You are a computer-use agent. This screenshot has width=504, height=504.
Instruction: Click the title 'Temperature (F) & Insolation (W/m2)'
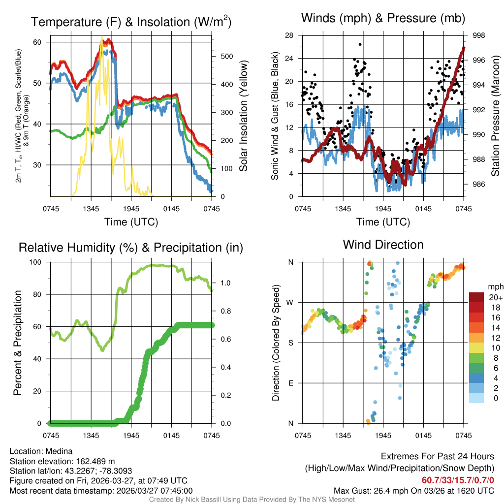click(x=131, y=22)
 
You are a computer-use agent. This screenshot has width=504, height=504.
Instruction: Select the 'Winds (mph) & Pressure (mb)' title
click(x=383, y=18)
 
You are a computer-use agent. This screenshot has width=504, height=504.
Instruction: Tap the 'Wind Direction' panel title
click(x=383, y=245)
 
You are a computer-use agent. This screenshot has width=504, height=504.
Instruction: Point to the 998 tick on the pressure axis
click(x=478, y=35)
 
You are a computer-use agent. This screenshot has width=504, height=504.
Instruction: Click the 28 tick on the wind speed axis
click(x=289, y=35)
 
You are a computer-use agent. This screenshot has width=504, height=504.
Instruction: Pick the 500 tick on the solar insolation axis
click(x=227, y=57)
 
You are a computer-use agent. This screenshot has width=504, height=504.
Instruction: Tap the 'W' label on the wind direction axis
click(x=290, y=302)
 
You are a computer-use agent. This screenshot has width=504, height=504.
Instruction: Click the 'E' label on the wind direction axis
click(x=291, y=383)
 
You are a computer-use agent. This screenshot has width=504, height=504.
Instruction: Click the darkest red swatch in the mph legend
click(x=476, y=297)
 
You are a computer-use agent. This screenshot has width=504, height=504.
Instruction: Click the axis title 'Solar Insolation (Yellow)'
click(x=244, y=116)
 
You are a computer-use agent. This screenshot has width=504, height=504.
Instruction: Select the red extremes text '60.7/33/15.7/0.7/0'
click(x=458, y=480)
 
